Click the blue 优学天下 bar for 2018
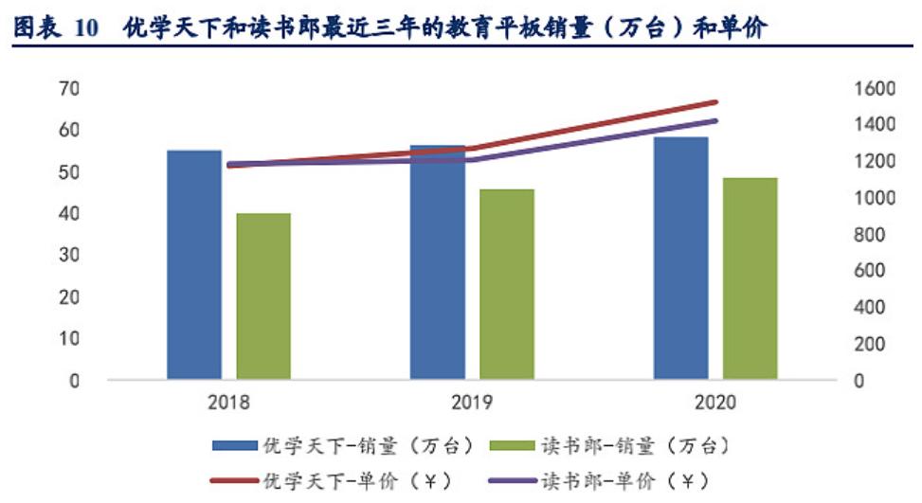(x=194, y=265)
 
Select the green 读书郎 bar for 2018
(x=263, y=296)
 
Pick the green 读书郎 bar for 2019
(x=506, y=284)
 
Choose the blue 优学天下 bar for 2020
(x=680, y=259)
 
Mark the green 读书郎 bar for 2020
(x=750, y=278)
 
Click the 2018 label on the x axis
(x=228, y=403)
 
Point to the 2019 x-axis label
(x=472, y=403)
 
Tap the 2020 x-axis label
(x=714, y=403)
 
